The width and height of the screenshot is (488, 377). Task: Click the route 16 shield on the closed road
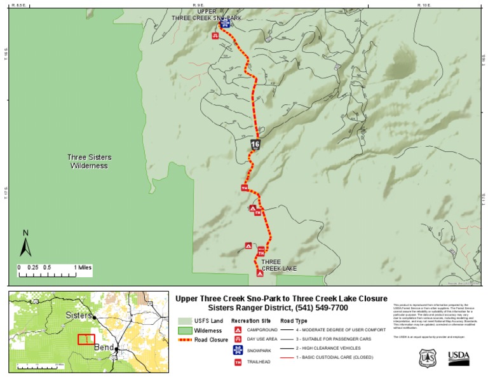255,144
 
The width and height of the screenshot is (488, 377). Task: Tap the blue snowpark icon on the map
225,24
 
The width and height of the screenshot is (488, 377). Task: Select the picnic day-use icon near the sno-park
216,36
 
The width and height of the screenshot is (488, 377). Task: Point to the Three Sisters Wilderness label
88,161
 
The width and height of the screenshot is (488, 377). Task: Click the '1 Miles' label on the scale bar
83,267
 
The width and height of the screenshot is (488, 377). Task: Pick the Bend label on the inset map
104,348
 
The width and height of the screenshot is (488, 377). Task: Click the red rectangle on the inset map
86,339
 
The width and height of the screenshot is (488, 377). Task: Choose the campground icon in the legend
238,331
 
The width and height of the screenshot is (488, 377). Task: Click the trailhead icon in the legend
238,362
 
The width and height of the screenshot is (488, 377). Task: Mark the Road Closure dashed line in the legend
186,340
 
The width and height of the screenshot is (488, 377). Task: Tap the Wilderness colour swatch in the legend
185,331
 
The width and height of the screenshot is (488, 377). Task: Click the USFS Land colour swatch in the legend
185,321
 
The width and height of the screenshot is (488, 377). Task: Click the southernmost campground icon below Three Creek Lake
259,273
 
